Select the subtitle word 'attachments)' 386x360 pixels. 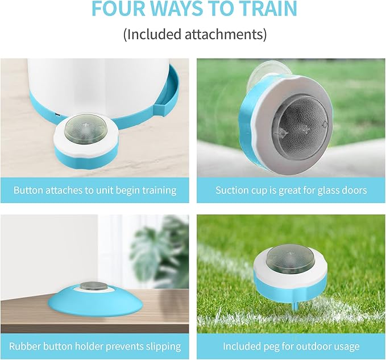point(226,34)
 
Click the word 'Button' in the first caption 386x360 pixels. point(29,191)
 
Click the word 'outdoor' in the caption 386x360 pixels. point(313,346)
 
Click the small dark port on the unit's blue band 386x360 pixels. point(57,114)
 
